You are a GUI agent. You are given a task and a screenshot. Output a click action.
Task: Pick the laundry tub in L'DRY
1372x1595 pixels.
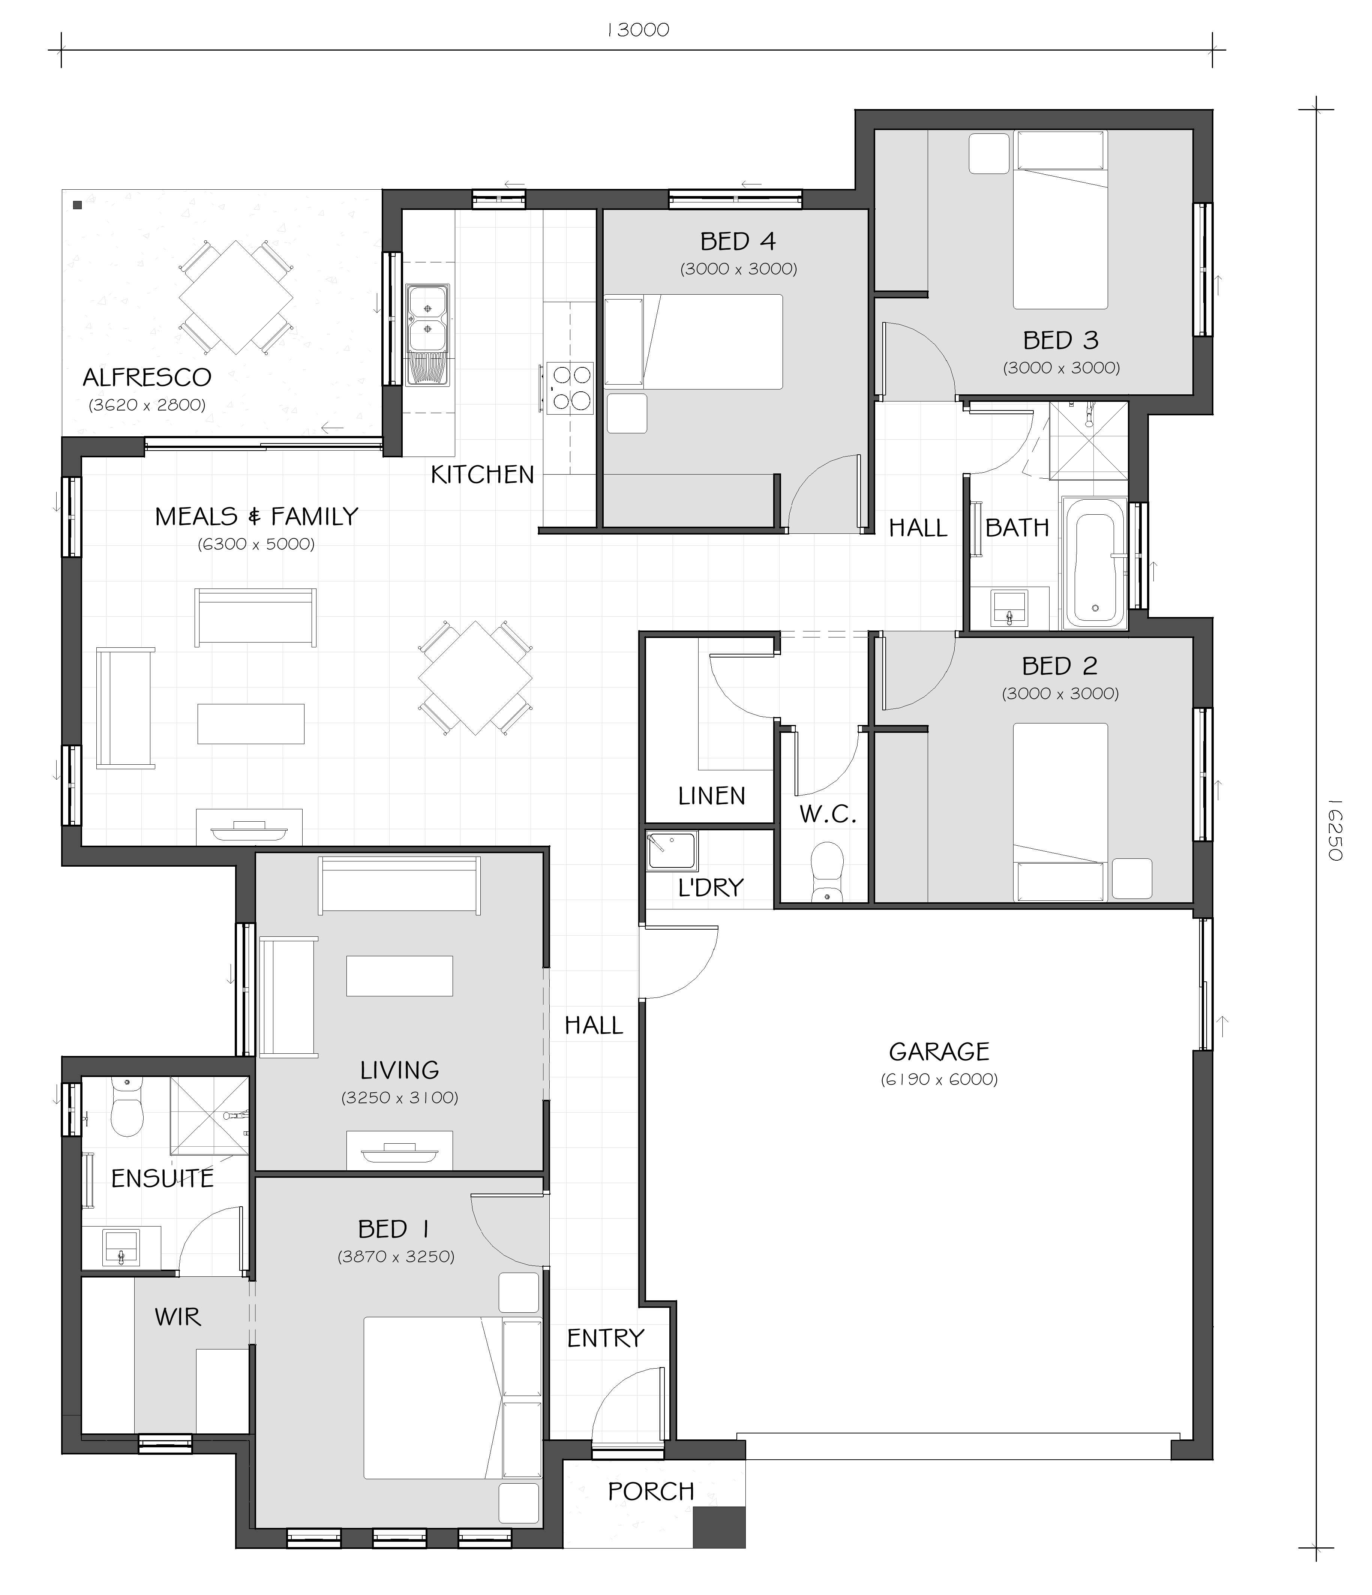672,851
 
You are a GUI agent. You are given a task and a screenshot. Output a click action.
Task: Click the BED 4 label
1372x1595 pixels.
738,242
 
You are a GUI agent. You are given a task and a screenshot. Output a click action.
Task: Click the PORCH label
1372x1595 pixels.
651,1491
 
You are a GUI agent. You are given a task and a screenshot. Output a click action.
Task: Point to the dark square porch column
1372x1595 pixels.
719,1526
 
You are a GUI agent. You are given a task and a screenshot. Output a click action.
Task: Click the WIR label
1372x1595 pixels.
178,1317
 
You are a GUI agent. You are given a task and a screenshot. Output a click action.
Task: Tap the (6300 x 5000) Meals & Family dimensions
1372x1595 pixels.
256,544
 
